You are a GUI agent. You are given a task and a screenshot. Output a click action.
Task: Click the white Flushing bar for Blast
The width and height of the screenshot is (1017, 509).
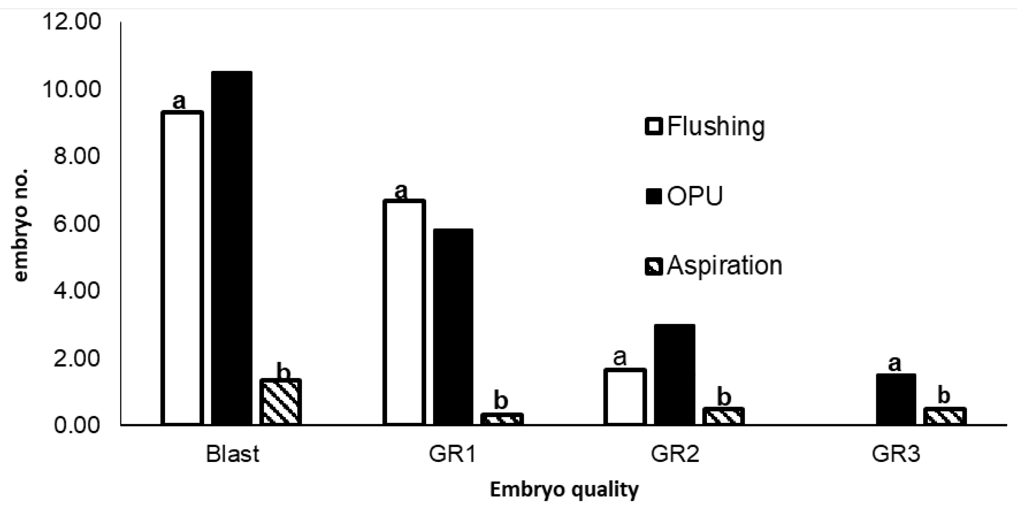click(182, 268)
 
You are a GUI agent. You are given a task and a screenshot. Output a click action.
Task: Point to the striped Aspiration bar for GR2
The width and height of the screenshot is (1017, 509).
click(723, 416)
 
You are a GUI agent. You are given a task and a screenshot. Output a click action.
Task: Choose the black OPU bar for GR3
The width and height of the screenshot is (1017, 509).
click(896, 399)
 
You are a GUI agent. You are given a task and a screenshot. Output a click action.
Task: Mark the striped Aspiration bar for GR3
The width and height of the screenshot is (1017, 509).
click(945, 416)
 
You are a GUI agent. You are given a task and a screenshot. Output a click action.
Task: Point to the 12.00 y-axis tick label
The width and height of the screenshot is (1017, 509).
click(71, 22)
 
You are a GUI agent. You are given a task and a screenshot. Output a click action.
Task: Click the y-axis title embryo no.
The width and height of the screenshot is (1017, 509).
click(21, 225)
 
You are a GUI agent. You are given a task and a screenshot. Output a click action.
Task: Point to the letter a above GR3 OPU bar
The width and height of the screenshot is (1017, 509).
click(895, 363)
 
